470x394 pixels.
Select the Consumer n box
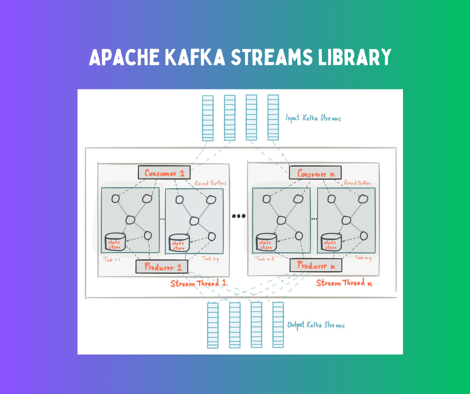[x=315, y=173]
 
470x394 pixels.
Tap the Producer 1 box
[x=161, y=266]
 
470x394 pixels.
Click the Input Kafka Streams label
[x=313, y=119]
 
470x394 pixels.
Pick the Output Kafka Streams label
[x=315, y=325]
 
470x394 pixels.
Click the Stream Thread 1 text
[x=198, y=283]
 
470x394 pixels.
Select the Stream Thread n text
[x=344, y=283]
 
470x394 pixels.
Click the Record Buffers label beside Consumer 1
[x=210, y=183]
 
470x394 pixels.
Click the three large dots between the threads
[x=238, y=216]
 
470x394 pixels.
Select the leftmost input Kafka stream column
[x=207, y=118]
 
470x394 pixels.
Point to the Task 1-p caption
[x=210, y=258]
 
